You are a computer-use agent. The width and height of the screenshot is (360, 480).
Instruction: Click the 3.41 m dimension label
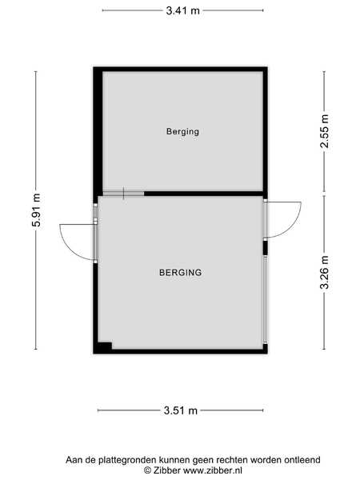(x=182, y=10)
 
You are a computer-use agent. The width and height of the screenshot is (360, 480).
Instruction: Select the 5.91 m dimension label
(x=36, y=210)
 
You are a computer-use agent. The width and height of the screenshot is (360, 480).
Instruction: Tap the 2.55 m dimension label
(x=324, y=131)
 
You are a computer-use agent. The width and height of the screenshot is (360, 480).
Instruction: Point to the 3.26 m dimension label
(x=324, y=273)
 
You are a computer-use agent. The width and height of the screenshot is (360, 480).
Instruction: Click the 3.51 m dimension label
(x=181, y=410)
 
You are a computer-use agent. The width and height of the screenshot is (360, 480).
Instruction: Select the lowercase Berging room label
(x=182, y=132)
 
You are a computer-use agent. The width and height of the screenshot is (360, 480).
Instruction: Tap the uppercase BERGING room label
(x=181, y=273)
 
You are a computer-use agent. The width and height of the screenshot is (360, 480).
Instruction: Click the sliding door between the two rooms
(x=123, y=194)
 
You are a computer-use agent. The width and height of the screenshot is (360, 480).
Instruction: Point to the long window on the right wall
(x=265, y=300)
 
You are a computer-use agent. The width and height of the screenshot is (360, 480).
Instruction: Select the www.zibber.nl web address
(x=213, y=470)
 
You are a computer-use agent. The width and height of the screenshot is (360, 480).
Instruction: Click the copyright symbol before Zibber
(x=148, y=470)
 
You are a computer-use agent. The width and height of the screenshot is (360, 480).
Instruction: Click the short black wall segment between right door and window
(x=265, y=248)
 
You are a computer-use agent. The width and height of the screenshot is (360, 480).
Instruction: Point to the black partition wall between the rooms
(x=203, y=194)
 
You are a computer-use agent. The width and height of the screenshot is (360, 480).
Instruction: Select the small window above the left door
(x=95, y=210)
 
